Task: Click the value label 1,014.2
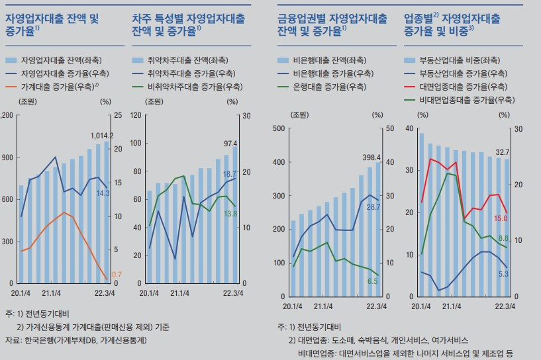(x=102, y=136)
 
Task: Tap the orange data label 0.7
(x=117, y=274)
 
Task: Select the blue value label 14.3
(x=103, y=193)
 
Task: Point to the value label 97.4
(x=231, y=143)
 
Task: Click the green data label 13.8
(x=230, y=214)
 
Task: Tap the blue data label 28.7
(x=373, y=207)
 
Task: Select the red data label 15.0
(x=501, y=218)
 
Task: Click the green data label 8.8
(x=503, y=238)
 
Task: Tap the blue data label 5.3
(x=503, y=273)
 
